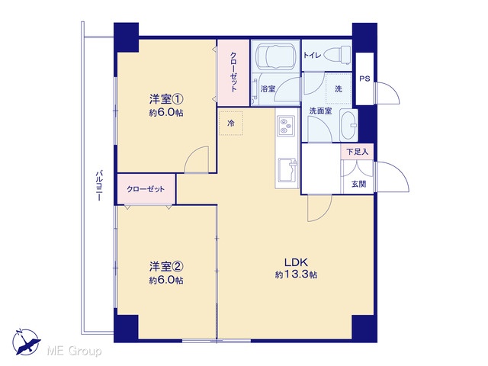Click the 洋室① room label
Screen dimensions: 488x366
point(166,100)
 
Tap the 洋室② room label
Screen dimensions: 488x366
point(166,267)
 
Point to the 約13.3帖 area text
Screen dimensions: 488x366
point(297,274)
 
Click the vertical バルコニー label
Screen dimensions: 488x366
point(99,185)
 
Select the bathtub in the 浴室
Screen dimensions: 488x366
point(275,56)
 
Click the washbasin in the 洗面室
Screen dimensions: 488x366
point(348,125)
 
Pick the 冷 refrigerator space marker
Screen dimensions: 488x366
point(231,124)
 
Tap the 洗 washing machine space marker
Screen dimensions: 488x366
point(339,88)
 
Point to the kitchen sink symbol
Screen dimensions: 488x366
point(288,170)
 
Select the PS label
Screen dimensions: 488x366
point(364,79)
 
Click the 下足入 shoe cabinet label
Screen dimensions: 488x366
point(358,152)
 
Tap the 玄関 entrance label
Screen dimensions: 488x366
point(358,184)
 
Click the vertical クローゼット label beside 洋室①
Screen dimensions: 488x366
point(233,72)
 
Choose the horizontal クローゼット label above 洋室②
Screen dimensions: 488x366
point(146,189)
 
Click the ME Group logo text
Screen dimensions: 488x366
point(74,351)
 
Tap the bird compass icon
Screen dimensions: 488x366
point(26,342)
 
